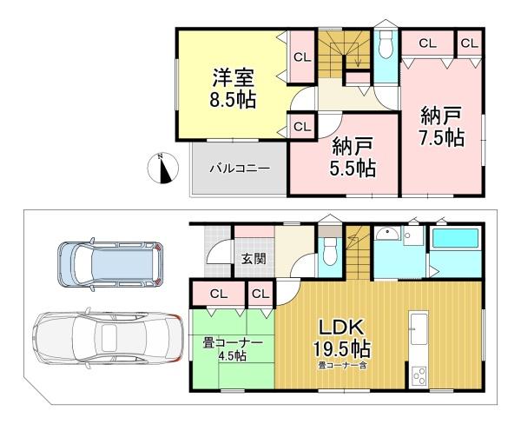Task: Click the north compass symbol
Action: [x=163, y=168]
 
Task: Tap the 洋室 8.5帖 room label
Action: [x=233, y=88]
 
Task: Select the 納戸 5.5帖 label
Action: [x=353, y=157]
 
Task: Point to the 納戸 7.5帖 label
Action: [x=441, y=126]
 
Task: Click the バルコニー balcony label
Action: [x=240, y=169]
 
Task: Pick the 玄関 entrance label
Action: [x=254, y=258]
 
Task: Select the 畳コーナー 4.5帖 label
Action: [x=233, y=349]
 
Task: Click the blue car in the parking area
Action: [x=110, y=264]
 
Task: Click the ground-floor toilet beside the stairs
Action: [x=329, y=252]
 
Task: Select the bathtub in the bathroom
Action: [x=456, y=238]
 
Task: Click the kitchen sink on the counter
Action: [x=419, y=328]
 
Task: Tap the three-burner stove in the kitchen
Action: [x=419, y=376]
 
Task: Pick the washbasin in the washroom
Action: [x=388, y=234]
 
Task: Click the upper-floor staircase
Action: [x=345, y=53]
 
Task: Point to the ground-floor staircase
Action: [x=358, y=253]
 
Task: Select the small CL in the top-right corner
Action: [x=469, y=43]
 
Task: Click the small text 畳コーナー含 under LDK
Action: [x=342, y=366]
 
